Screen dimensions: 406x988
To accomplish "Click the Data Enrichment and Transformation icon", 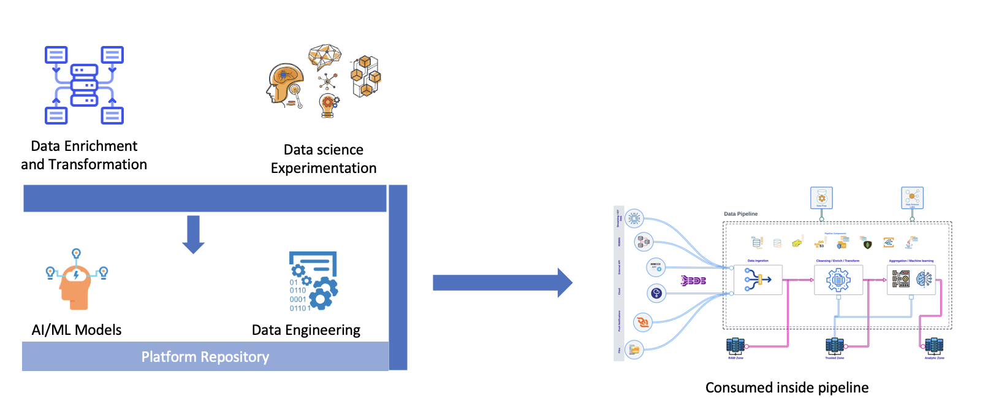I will (84, 85).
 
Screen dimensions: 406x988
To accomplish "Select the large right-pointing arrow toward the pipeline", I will (503, 283).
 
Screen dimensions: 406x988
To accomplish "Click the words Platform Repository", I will (205, 357).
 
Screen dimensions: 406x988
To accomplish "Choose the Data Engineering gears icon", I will (313, 281).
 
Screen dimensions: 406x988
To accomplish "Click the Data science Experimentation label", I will (324, 159).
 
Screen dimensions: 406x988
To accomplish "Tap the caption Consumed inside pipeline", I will (787, 388).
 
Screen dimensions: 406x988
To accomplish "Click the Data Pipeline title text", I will (740, 214).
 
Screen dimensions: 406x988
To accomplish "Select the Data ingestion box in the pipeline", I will (758, 280).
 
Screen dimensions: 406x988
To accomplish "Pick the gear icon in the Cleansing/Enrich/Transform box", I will (838, 280).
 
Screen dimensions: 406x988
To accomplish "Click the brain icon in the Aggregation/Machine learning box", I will (924, 280).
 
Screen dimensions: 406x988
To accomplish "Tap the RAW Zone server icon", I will (735, 346).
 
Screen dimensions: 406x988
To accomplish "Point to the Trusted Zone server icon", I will (834, 346).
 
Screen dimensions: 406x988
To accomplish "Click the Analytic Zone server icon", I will (934, 346).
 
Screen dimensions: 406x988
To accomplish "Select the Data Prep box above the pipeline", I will (821, 198).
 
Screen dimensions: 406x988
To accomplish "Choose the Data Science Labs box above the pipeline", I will (912, 198).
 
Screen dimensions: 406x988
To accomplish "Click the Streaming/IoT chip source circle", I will (634, 218).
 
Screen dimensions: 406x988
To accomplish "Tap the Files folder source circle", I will (634, 350).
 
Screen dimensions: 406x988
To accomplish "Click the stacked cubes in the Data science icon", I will (365, 77).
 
